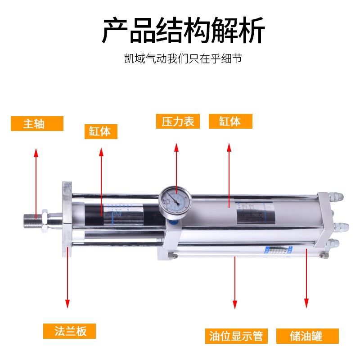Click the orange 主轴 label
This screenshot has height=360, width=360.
(37, 123)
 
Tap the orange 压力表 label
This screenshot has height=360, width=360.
(178, 121)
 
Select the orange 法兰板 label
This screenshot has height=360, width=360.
(70, 331)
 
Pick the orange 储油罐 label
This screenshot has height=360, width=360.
(306, 336)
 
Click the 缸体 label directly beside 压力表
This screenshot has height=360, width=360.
(230, 121)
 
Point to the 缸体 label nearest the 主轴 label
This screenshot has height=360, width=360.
(100, 131)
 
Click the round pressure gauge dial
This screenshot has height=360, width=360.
(175, 200)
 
